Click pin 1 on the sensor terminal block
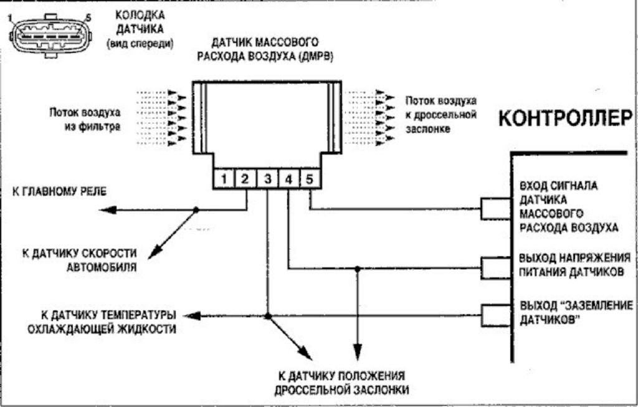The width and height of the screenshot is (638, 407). coord(223,180)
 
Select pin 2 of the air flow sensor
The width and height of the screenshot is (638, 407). coord(245,180)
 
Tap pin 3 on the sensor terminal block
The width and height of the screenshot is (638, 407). coord(267,180)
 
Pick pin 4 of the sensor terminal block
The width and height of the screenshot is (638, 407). coord(288,180)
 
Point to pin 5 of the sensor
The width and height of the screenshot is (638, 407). coord(310,180)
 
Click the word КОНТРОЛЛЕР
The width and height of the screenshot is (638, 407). coord(566,118)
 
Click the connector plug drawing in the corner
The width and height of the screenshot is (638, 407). coord(49,36)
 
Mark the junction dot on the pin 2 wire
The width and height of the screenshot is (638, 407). coord(196,210)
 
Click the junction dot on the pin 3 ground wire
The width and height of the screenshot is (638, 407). coord(268,317)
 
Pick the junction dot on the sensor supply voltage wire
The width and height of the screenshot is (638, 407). coord(358,269)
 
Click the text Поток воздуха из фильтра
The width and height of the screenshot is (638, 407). coord(85,120)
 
